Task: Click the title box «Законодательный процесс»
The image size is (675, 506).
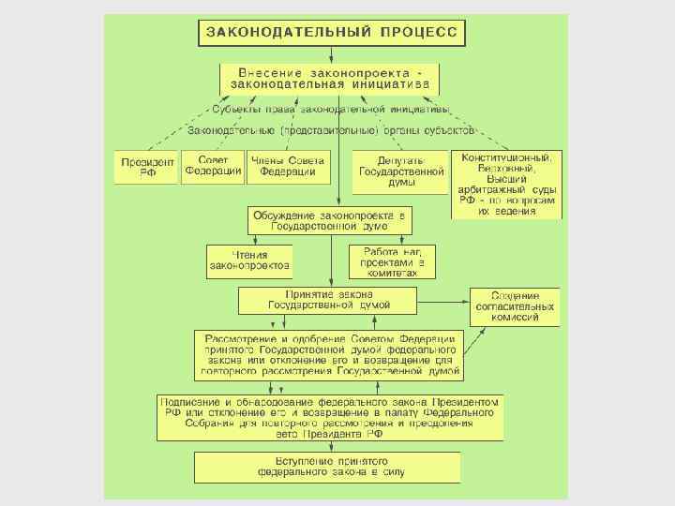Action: pos(331,32)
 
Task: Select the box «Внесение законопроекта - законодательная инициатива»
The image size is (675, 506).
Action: pos(329,78)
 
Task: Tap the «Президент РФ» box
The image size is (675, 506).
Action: pos(146,167)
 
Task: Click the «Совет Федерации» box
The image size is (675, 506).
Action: pos(212,165)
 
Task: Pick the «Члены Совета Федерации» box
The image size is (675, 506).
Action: pos(289,165)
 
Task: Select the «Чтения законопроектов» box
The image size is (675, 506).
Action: pos(249,260)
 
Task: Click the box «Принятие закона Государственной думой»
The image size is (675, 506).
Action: pos(328,300)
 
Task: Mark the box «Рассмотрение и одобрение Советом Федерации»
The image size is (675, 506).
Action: pos(329,354)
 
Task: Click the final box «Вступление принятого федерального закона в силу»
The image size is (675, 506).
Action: pos(328,467)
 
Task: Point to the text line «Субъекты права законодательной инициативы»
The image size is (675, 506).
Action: pos(329,110)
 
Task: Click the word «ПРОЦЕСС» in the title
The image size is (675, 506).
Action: pos(419,32)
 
